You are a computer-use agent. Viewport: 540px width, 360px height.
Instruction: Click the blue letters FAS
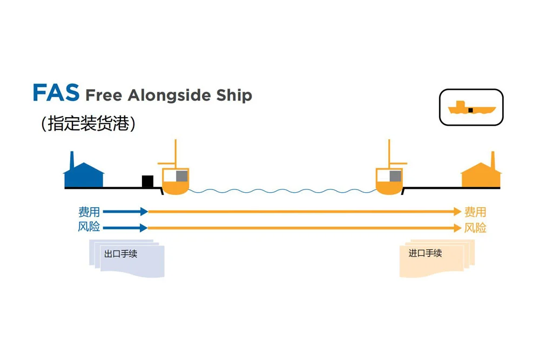pyautogui.click(x=56, y=93)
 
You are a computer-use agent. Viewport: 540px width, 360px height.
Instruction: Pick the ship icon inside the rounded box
pyautogui.click(x=471, y=108)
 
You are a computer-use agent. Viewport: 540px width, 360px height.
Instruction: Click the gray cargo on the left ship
pyautogui.click(x=181, y=175)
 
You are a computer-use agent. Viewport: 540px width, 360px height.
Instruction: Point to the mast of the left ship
pyautogui.click(x=174, y=154)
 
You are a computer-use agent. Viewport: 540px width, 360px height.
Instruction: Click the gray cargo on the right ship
pyautogui.click(x=395, y=175)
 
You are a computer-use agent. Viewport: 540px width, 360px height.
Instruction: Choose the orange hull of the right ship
pyautogui.click(x=389, y=188)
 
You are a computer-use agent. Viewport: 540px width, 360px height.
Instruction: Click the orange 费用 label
pyautogui.click(x=475, y=212)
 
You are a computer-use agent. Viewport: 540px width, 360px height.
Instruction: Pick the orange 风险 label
pyautogui.click(x=475, y=228)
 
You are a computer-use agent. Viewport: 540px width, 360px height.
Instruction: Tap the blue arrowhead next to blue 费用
pyautogui.click(x=143, y=212)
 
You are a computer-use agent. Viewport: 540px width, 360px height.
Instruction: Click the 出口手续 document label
pyautogui.click(x=120, y=254)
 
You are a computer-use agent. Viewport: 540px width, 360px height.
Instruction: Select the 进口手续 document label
pyautogui.click(x=425, y=253)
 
